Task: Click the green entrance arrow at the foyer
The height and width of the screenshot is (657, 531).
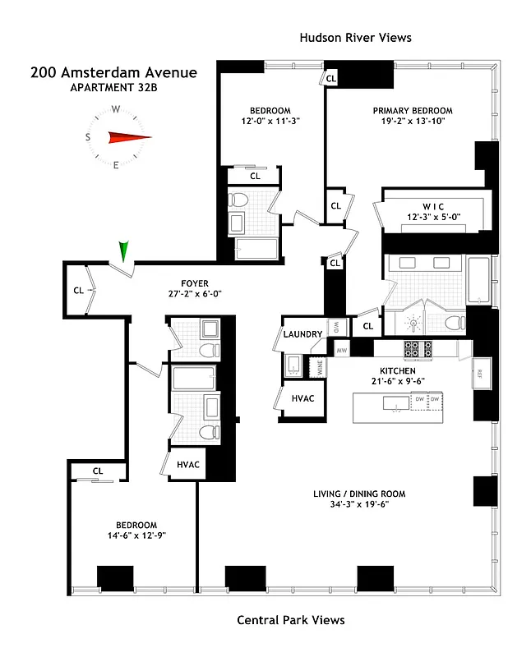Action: (124, 250)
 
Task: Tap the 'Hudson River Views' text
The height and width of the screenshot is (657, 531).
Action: (354, 38)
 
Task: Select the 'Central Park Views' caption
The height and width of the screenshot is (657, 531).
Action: (290, 620)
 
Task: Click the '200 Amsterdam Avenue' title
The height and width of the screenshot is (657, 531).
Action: (113, 72)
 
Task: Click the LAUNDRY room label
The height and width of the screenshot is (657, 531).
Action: (302, 334)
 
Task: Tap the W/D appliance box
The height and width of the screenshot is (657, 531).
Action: (336, 327)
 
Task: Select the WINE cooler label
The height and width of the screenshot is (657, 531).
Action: (320, 367)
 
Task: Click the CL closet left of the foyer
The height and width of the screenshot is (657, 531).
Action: (78, 289)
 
